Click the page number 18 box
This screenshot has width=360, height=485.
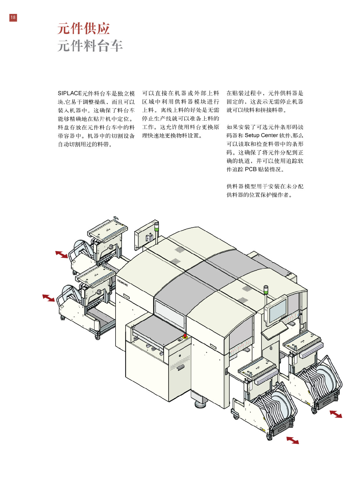coord(13,18)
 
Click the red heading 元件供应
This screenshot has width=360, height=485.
coord(83,29)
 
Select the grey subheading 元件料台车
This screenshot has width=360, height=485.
coord(90,46)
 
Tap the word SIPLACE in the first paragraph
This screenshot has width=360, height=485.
coord(70,93)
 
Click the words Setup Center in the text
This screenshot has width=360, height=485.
coord(261,135)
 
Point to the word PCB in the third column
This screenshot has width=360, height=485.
coord(250,169)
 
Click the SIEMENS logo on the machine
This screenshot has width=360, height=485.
coord(123,283)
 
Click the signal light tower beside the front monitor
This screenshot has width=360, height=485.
coord(266,291)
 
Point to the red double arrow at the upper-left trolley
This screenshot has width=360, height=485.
coord(61,255)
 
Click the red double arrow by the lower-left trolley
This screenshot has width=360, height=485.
coord(48,298)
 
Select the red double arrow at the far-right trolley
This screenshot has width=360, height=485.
coord(335,414)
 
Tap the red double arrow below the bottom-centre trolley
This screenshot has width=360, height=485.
coord(293,440)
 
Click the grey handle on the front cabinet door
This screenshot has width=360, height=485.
coord(181,368)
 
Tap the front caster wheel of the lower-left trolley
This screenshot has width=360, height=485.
coord(97,337)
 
